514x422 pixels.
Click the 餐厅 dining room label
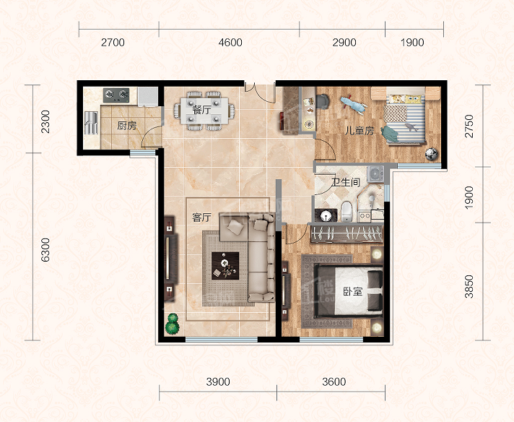pos(201,110)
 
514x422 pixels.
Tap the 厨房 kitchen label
pos(126,126)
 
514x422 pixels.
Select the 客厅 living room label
pos(201,218)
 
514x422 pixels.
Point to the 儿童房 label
pos(360,131)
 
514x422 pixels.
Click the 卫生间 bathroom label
pos(346,182)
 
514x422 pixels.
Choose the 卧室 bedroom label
pos(353,291)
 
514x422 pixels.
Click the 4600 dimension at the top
pos(230,43)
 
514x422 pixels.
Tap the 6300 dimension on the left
pos(45,250)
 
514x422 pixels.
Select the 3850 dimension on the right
pos(469,286)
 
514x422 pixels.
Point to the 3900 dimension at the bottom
pos(218,382)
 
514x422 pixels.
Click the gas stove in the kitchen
pos(116,95)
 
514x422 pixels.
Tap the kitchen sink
pos(91,123)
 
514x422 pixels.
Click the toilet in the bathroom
pos(347,211)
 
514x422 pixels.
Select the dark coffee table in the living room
pos(225,266)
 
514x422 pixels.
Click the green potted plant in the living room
pos(172,324)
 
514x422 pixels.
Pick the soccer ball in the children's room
pos(432,154)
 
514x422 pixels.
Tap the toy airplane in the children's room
pos(354,104)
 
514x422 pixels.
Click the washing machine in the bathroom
pos(375,174)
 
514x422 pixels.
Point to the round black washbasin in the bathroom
pos(326,215)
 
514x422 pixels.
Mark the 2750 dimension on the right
pos(469,126)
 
